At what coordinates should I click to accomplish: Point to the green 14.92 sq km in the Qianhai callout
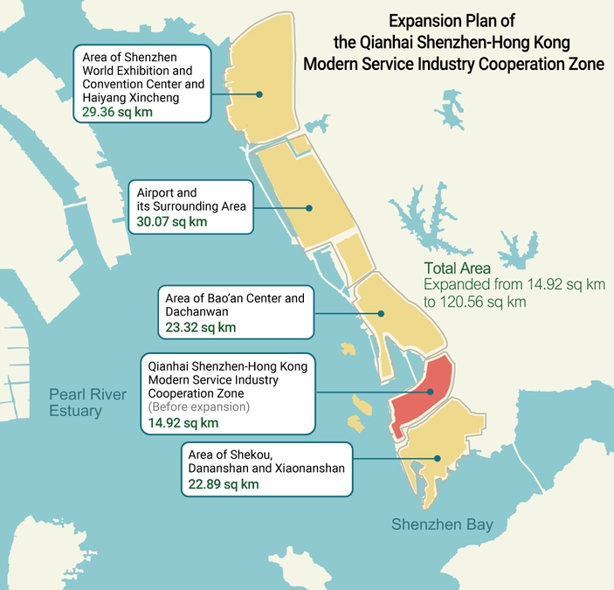183,423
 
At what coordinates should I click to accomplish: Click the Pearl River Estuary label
87,402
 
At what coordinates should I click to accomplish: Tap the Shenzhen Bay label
442,525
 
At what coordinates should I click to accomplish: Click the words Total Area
457,268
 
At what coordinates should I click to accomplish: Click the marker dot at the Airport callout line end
309,208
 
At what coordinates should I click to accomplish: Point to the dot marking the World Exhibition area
259,94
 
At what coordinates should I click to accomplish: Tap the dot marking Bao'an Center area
381,313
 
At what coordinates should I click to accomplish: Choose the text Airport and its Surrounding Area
190,199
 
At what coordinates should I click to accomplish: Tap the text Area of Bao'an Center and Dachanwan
235,305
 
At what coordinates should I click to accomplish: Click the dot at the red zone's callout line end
431,392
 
